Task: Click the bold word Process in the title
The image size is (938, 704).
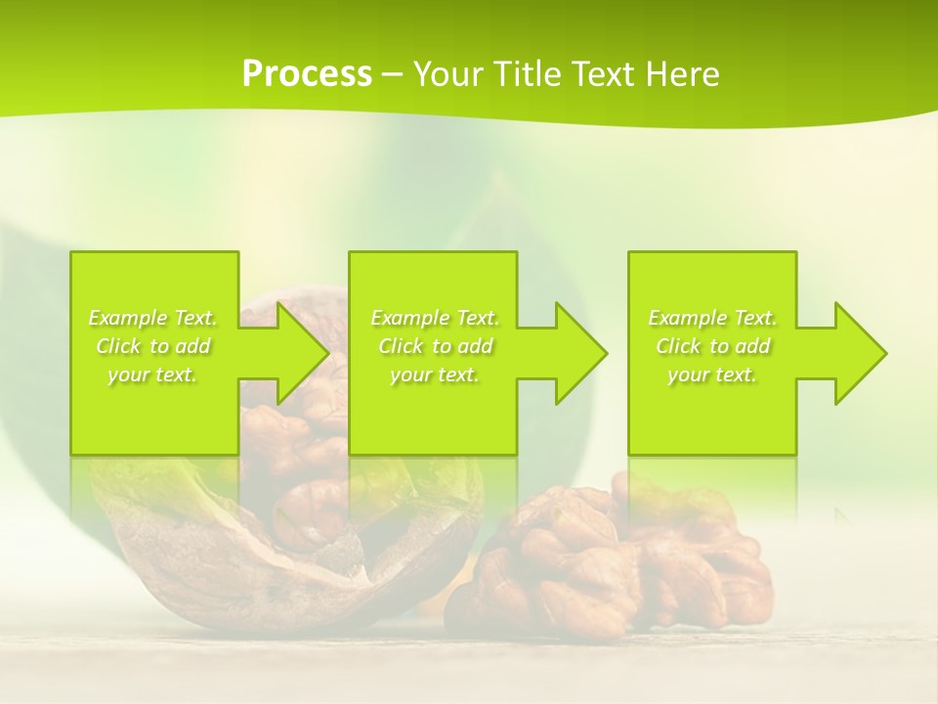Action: point(307,74)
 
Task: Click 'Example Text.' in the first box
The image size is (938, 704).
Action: point(152,318)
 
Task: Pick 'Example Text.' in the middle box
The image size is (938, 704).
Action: point(435,318)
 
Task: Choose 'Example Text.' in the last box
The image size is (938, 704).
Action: point(712,318)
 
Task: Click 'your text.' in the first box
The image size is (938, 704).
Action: point(152,374)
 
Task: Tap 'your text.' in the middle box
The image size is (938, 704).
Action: point(435,374)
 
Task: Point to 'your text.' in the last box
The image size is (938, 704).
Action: point(712,374)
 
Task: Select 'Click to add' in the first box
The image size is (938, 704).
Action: point(152,346)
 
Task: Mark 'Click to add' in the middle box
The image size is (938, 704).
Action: point(435,346)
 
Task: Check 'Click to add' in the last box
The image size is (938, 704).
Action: point(712,346)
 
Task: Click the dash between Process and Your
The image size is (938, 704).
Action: point(393,75)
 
